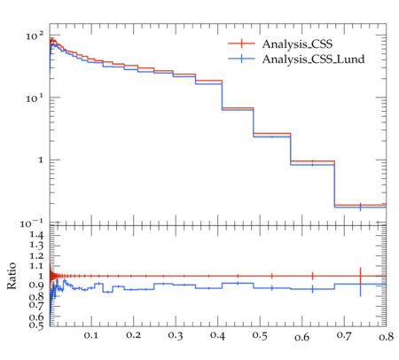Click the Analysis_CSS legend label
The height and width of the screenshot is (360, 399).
(x=297, y=44)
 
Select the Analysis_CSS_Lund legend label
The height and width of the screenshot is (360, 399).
(x=313, y=59)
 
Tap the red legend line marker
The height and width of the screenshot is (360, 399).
(x=241, y=43)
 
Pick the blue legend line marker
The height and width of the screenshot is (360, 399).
(x=241, y=59)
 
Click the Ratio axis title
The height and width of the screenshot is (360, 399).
(x=12, y=276)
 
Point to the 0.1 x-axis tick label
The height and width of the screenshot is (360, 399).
(x=90, y=335)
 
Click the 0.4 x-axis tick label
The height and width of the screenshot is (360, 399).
(x=217, y=335)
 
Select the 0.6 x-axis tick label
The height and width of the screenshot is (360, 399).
(x=301, y=337)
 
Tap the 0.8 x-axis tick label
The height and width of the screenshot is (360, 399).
(x=386, y=336)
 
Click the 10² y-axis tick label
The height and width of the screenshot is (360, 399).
(x=35, y=36)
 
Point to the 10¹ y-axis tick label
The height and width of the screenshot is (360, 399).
(x=35, y=98)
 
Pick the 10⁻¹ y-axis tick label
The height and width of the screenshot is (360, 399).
(x=32, y=223)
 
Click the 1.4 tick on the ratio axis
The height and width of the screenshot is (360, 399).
(x=36, y=235)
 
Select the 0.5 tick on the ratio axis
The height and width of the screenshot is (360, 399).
(x=36, y=325)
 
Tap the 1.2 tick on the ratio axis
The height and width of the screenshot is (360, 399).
(x=36, y=256)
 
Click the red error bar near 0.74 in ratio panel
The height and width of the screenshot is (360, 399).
(x=360, y=276)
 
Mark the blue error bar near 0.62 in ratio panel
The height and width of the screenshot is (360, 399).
(x=312, y=289)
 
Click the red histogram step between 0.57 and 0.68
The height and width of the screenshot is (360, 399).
(x=313, y=161)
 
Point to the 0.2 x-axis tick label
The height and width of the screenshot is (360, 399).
(x=133, y=335)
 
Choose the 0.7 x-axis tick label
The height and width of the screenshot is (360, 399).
(x=344, y=335)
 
